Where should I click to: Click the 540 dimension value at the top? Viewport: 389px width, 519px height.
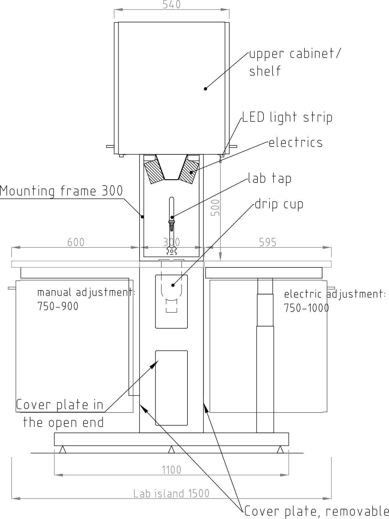click(x=171, y=4)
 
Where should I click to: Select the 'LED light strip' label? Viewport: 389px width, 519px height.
click(x=287, y=117)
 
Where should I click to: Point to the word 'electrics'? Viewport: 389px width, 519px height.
click(x=295, y=143)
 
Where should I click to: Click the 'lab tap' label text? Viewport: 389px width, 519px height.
click(x=269, y=178)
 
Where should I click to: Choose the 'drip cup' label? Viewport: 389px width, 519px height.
click(x=279, y=204)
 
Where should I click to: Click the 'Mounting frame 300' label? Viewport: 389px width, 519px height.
click(x=61, y=191)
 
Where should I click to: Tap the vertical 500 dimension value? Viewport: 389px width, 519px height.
click(x=215, y=208)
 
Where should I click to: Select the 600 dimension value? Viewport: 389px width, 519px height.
click(x=76, y=242)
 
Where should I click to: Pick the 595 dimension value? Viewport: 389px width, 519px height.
click(x=268, y=242)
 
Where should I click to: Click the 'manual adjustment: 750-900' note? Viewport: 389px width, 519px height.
click(x=86, y=299)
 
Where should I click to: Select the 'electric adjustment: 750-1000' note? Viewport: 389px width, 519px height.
click(x=335, y=301)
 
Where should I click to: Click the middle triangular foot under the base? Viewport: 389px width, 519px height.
click(x=171, y=449)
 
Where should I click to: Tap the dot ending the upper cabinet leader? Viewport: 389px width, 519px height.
click(x=205, y=89)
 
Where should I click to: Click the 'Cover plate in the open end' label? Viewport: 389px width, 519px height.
click(x=60, y=413)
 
